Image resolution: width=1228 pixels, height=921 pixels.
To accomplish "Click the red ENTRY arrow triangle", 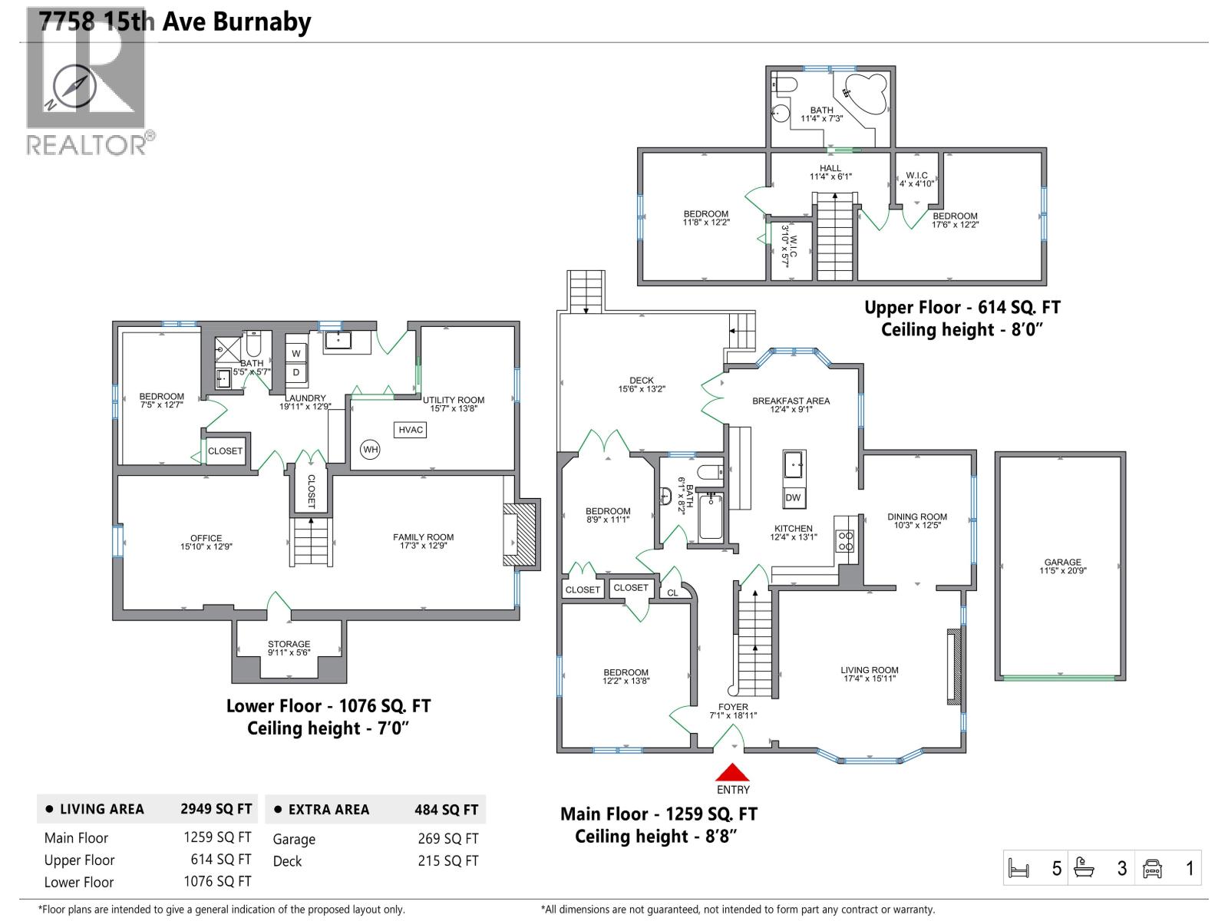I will point(732,771).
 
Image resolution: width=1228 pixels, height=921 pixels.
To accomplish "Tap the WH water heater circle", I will point(371,450).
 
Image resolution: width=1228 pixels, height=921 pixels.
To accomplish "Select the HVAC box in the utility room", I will point(411,430).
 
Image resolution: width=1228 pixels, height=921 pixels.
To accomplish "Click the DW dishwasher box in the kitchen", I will point(793,497).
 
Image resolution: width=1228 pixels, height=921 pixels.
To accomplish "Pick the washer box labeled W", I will point(296,354).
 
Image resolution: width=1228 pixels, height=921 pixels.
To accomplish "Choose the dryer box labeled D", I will point(296,373).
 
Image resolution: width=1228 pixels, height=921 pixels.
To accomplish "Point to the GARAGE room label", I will point(1062,563).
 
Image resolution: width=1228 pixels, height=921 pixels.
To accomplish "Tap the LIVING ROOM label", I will point(869,670).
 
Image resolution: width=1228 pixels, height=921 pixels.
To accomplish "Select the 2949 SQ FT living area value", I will point(216,809).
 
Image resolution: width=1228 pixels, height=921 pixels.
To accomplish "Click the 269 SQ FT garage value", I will point(447,839).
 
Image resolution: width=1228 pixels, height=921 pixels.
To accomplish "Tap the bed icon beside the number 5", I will point(1018,869).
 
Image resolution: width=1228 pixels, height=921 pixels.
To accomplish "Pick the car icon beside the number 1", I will point(1152,869).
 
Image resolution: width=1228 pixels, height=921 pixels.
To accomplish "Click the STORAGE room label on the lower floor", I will point(289,645).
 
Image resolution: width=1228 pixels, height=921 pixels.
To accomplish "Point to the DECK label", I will point(642,381).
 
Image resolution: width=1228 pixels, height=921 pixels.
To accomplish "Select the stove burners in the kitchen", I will point(845,541).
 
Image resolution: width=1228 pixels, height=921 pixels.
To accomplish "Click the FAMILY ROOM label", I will point(423,537).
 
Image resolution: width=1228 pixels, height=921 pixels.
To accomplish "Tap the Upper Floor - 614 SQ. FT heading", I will point(962,308).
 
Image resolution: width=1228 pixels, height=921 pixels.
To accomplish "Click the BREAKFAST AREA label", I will point(791,401).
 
